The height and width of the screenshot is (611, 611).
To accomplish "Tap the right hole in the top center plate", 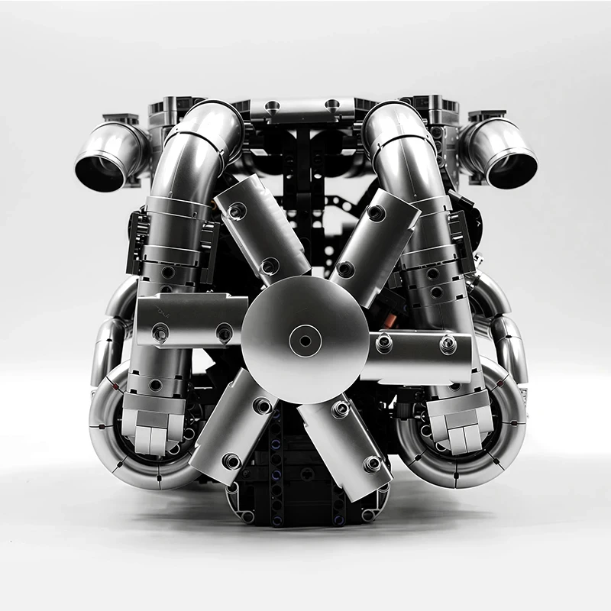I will click(x=331, y=105).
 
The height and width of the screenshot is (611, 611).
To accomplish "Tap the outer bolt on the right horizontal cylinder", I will click(x=448, y=345).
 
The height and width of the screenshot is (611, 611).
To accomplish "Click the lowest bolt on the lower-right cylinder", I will click(x=373, y=464).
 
